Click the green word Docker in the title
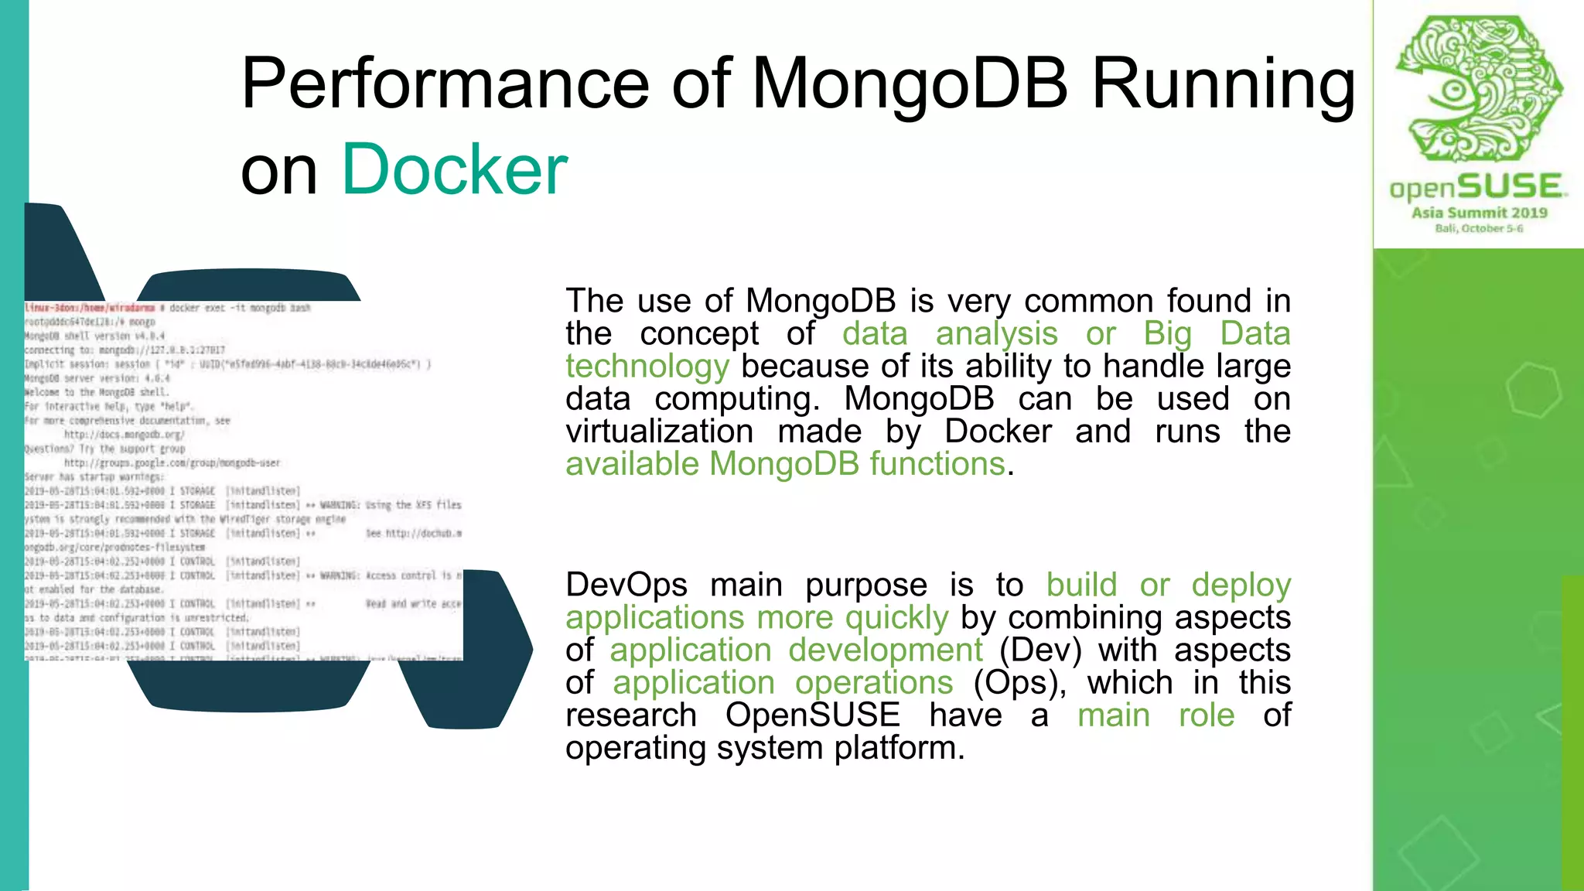455,170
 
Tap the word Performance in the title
445,85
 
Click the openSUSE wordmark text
1478,187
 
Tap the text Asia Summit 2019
1479,213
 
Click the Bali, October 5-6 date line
1479,229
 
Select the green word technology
647,367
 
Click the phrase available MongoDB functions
785,464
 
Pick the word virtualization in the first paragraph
659,432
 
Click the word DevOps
626,585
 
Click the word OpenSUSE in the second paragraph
812,715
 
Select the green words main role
1156,715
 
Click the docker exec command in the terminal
240,308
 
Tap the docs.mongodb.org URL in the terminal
124,435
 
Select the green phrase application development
796,650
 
